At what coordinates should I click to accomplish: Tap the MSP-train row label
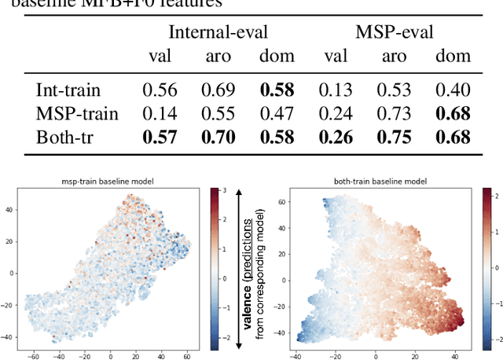coord(77,113)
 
